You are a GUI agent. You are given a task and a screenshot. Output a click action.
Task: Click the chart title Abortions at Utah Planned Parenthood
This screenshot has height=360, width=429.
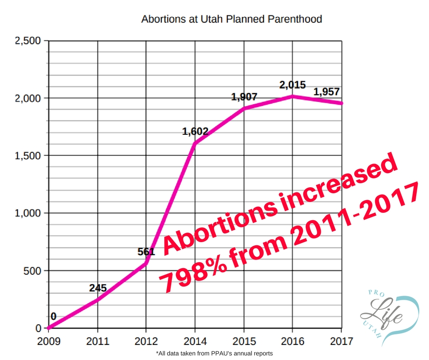231,19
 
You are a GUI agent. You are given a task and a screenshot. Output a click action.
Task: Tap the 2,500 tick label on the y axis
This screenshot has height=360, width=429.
28,41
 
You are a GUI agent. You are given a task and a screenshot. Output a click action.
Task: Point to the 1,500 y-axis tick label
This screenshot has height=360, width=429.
28,156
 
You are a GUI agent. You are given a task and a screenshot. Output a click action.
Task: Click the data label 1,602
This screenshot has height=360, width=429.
195,132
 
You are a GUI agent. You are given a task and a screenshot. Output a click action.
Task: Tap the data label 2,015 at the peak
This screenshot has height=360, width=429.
293,85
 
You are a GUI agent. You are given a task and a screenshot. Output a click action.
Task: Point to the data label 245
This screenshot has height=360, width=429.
97,288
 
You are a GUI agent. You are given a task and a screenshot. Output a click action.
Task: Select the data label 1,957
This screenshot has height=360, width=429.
326,92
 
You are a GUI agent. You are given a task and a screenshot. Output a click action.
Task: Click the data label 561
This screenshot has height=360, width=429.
146,252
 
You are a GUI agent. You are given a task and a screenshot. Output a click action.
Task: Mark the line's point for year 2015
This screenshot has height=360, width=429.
244,108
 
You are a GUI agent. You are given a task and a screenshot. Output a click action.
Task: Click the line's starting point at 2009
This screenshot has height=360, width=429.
48,328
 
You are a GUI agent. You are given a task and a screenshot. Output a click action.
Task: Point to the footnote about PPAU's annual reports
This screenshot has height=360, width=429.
214,353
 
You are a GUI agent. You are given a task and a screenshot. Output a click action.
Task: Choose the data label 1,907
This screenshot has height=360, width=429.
244,97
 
